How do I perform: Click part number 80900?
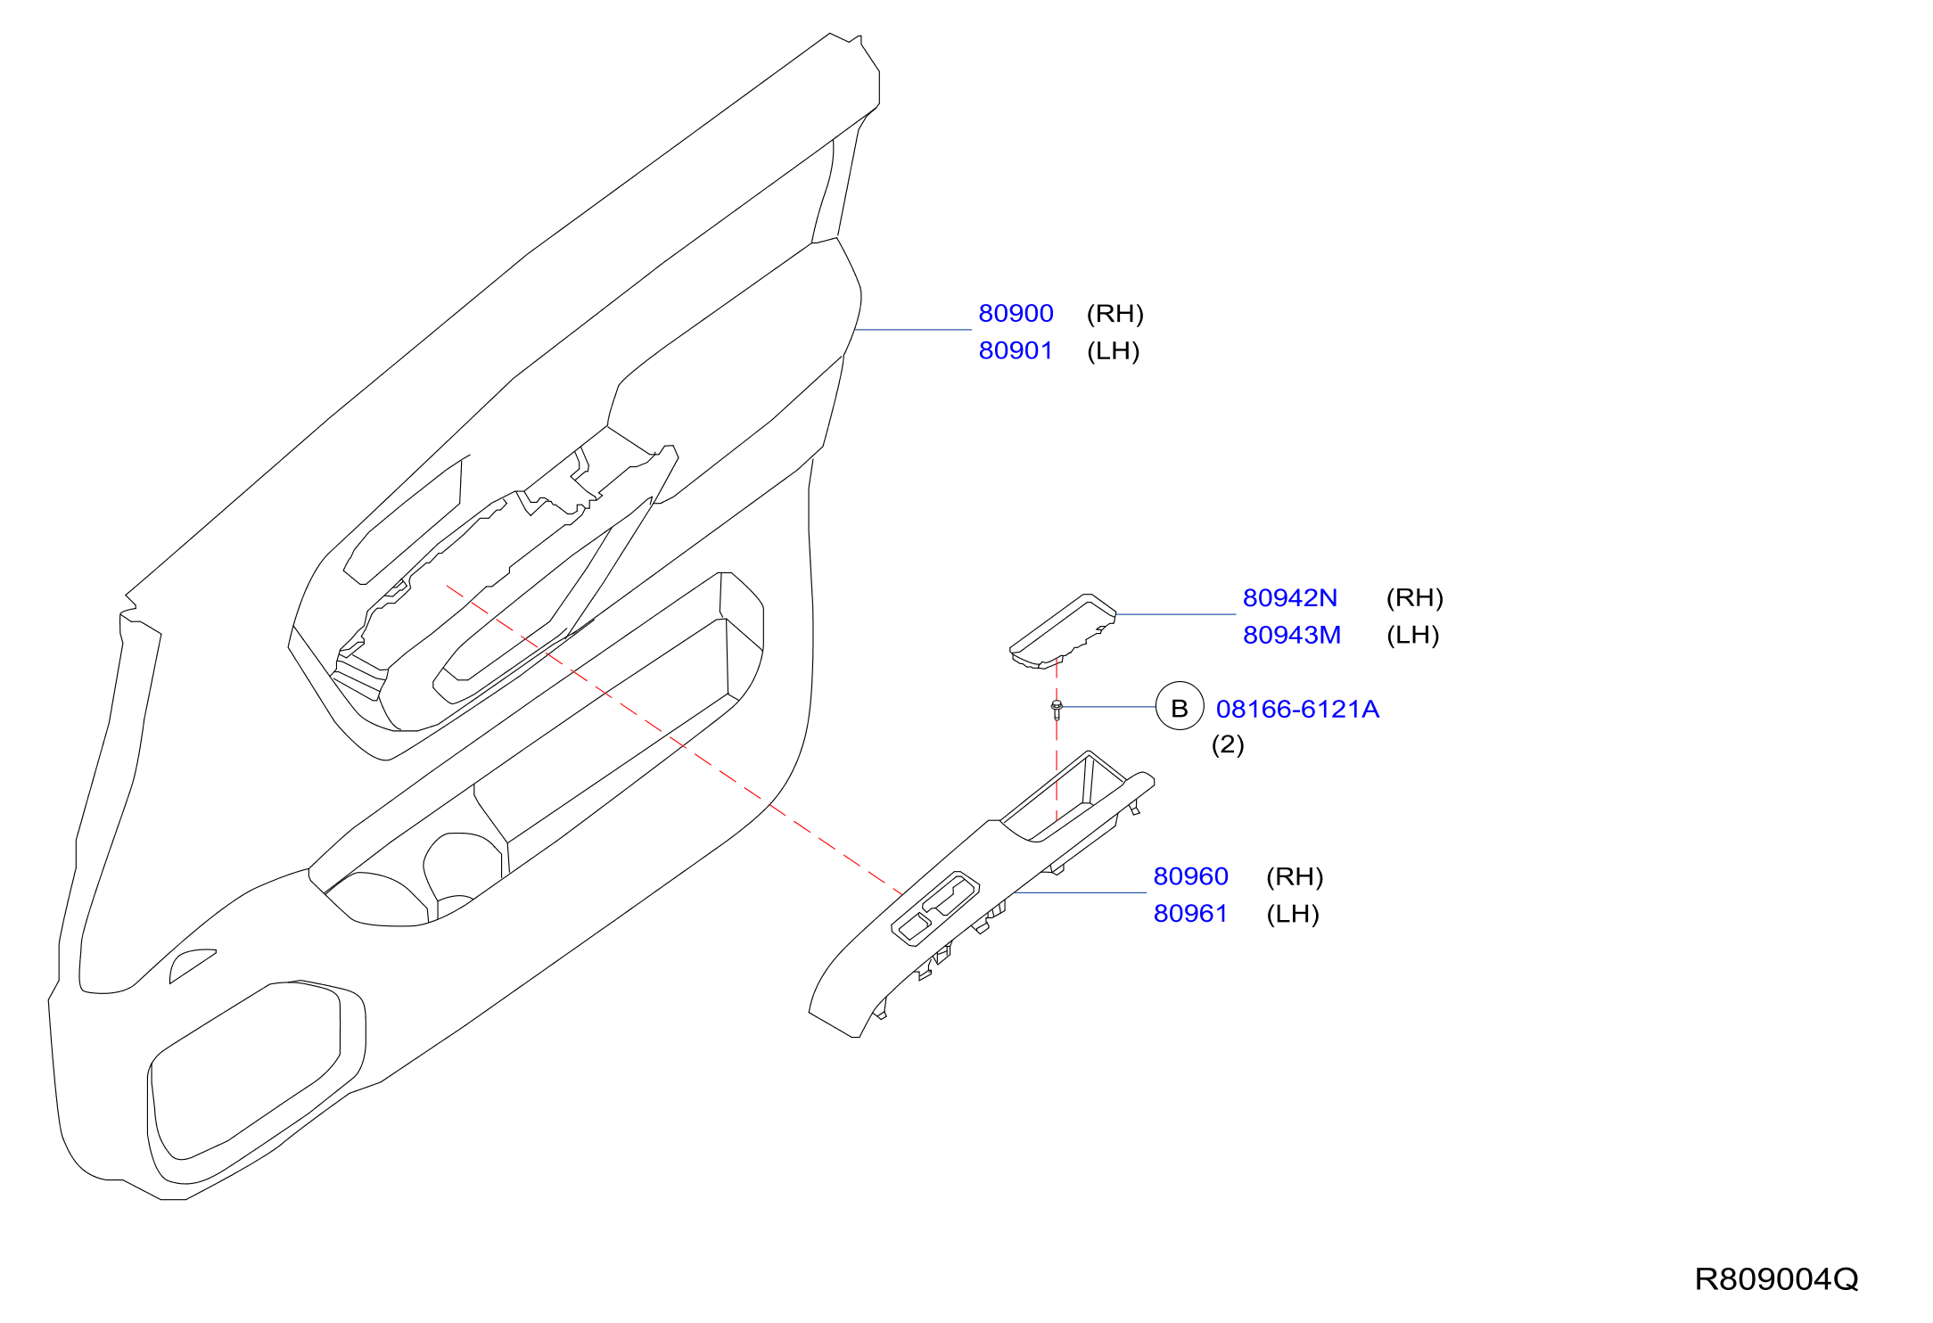pos(1016,314)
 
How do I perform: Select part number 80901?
pos(1016,351)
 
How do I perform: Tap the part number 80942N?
pos(1290,598)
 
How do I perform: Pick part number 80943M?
pos(1292,636)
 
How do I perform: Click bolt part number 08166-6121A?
pos(1297,710)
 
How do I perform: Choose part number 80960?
pos(1191,877)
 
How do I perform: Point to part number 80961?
pos(1191,914)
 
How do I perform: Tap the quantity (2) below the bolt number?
pos(1228,744)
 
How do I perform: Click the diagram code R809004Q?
pos(1776,1280)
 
